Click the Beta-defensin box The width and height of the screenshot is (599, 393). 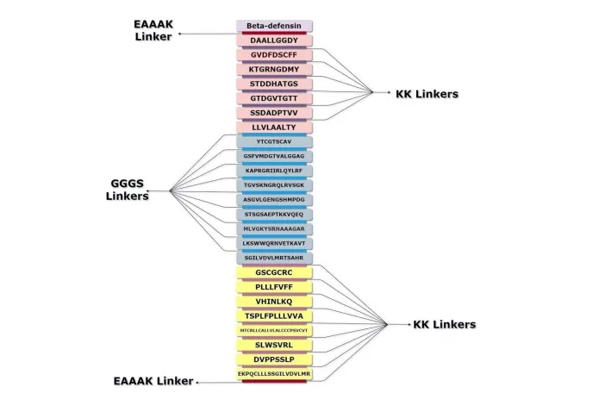275,26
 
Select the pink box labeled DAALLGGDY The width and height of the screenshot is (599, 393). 275,41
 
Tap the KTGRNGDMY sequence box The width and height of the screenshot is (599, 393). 275,69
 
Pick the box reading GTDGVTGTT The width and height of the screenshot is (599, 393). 275,98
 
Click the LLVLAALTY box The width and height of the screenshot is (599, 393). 275,127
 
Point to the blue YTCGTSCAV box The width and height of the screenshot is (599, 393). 275,141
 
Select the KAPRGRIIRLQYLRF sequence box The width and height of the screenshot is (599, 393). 275,171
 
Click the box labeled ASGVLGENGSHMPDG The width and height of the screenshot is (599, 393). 275,199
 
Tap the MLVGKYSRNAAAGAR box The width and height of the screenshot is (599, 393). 275,228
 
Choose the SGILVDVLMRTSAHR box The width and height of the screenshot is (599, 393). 275,258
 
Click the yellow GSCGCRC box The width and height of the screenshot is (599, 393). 275,272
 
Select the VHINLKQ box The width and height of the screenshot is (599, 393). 275,302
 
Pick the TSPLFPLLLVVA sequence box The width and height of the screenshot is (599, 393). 275,316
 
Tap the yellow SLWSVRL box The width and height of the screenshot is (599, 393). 275,345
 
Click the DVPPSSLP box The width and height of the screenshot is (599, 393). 275,359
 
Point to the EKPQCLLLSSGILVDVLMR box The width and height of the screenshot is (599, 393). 275,374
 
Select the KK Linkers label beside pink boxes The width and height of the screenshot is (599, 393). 427,94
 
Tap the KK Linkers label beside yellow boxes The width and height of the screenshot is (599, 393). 445,325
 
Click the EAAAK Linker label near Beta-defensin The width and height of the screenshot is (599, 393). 153,30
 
